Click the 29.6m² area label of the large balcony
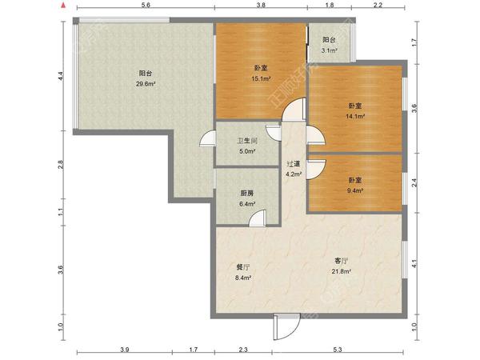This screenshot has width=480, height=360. [146, 84]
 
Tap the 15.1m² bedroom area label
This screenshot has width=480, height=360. [261, 78]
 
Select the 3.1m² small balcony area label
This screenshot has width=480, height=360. [329, 50]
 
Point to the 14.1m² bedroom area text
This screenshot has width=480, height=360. [355, 116]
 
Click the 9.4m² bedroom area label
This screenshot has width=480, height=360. [354, 190]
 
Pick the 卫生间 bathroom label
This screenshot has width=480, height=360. [248, 141]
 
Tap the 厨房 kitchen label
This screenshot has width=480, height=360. [247, 194]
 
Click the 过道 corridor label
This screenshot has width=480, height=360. [294, 164]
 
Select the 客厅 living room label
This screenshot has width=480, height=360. [341, 261]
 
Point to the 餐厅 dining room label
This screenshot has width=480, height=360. [243, 267]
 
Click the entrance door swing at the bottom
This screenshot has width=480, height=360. [287, 327]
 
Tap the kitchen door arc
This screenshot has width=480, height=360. [257, 218]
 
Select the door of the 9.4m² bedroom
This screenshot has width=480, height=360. [316, 170]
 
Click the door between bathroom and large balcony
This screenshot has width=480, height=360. [207, 138]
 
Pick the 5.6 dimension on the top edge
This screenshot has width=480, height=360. [146, 5]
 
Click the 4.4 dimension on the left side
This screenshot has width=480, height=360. [61, 76]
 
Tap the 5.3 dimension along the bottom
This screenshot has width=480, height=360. [338, 350]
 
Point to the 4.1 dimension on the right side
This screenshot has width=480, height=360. [414, 263]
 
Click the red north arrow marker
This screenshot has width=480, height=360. [63, 5]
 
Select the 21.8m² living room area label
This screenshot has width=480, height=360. [341, 271]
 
